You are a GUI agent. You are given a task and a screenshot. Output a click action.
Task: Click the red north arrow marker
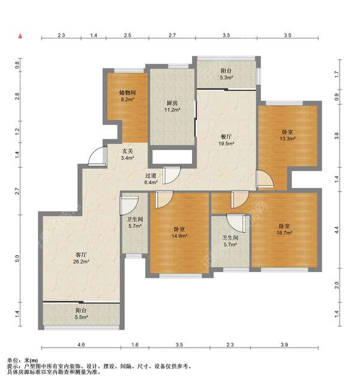point(20,36)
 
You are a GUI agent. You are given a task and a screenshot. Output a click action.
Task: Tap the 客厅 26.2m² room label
point(81,258)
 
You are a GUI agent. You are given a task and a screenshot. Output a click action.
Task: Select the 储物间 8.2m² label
point(127,96)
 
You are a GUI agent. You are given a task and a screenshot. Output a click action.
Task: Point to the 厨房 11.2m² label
point(172,106)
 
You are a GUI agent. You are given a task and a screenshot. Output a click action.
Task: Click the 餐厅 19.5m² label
point(226,140)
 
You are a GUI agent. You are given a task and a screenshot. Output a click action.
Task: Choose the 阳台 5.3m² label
point(226,74)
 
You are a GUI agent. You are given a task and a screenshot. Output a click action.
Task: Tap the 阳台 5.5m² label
point(81,314)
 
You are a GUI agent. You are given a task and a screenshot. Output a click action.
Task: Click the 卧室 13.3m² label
point(287,136)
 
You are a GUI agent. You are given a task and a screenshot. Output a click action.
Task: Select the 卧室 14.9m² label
point(179,233)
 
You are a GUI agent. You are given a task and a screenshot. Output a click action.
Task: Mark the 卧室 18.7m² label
point(284,229)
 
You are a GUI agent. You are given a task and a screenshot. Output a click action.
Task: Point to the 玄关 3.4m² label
point(127,155)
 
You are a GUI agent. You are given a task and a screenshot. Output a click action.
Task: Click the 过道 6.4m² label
point(151,179)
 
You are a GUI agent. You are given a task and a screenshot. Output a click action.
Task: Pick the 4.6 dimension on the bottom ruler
point(81,345)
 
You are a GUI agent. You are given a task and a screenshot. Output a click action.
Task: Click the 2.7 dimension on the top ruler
point(172,35)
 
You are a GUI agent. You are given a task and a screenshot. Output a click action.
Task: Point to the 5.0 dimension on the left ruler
point(17,258)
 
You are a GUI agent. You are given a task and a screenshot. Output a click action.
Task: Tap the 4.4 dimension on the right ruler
point(337,230)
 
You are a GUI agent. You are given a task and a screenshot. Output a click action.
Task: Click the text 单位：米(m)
point(23,361)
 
